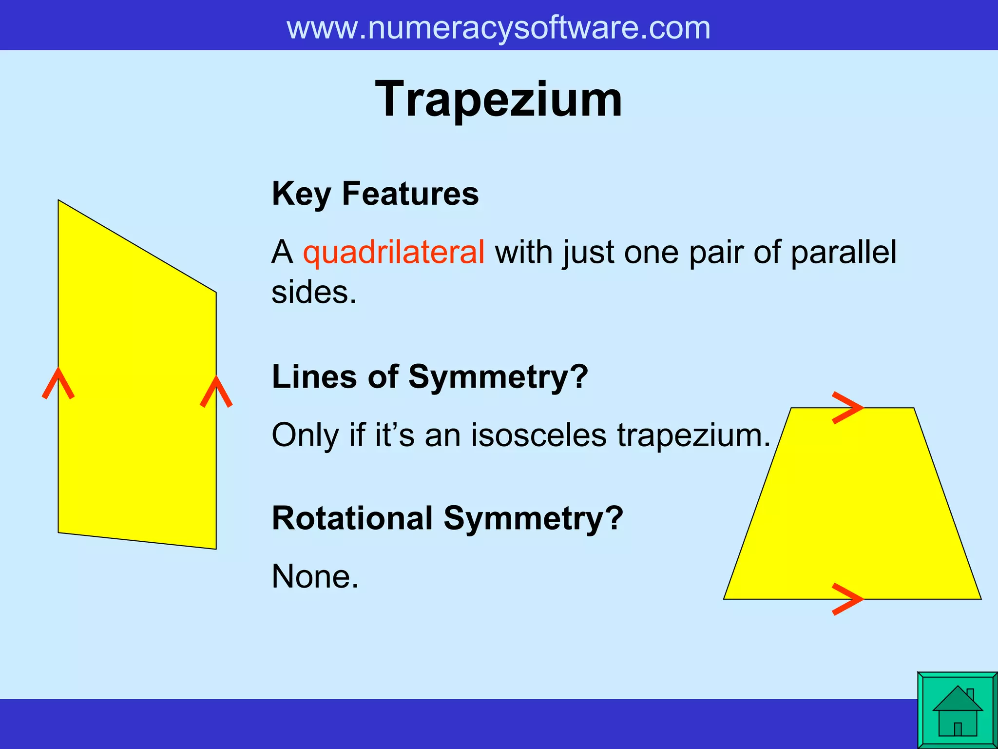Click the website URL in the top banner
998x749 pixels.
click(498, 28)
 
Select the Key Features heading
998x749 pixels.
click(375, 194)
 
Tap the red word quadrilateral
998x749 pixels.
click(394, 252)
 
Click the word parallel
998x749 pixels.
click(843, 252)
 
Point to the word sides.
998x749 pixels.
click(314, 293)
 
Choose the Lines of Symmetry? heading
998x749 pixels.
click(430, 377)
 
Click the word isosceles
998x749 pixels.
click(538, 434)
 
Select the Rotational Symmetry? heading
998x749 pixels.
click(447, 518)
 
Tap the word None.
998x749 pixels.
click(315, 576)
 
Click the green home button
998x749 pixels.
click(957, 710)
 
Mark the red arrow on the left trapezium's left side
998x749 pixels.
click(58, 383)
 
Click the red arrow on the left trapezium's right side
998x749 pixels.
click(216, 391)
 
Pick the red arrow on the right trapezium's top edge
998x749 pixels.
click(848, 408)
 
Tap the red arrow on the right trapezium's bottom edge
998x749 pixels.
click(848, 599)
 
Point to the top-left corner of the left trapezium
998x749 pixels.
click(59, 201)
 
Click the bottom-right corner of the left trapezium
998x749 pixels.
click(215, 549)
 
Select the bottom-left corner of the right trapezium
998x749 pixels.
click(725, 598)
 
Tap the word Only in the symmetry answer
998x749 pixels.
click(305, 434)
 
